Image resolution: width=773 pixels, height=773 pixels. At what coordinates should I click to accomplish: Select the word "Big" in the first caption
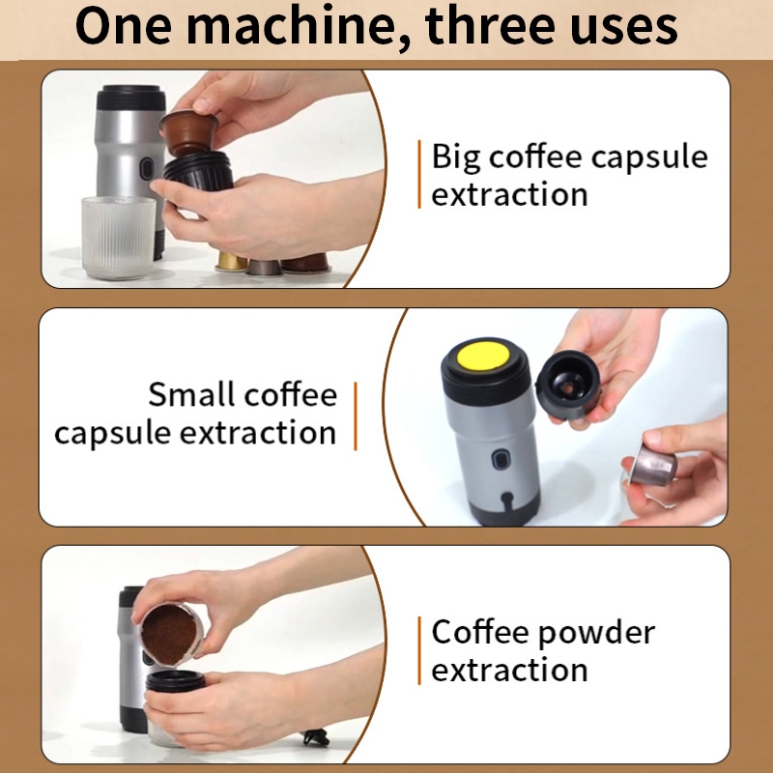pyautogui.click(x=455, y=157)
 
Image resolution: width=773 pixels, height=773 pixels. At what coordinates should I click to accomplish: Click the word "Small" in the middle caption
pyautogui.click(x=190, y=394)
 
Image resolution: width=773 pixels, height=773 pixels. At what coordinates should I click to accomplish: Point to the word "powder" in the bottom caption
pyautogui.click(x=596, y=634)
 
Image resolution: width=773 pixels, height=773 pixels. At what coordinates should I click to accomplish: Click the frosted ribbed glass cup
pyautogui.click(x=119, y=237)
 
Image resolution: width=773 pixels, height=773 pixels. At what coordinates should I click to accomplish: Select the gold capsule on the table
pyautogui.click(x=231, y=262)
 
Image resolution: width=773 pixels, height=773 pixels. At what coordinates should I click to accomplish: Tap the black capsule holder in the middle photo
pyautogui.click(x=568, y=385)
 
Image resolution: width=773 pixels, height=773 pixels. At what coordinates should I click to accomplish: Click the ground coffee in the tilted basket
pyautogui.click(x=168, y=635)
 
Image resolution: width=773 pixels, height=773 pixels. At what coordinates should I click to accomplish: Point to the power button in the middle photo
pyautogui.click(x=499, y=460)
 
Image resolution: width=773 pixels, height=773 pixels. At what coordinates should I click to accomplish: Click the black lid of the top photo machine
pyautogui.click(x=130, y=98)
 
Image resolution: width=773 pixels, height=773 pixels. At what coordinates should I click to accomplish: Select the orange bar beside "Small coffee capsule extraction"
pyautogui.click(x=356, y=415)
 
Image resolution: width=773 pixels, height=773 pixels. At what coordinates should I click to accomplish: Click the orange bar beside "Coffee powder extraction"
pyautogui.click(x=419, y=650)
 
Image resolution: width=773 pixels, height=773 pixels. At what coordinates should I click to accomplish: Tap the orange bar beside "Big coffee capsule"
pyautogui.click(x=419, y=174)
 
